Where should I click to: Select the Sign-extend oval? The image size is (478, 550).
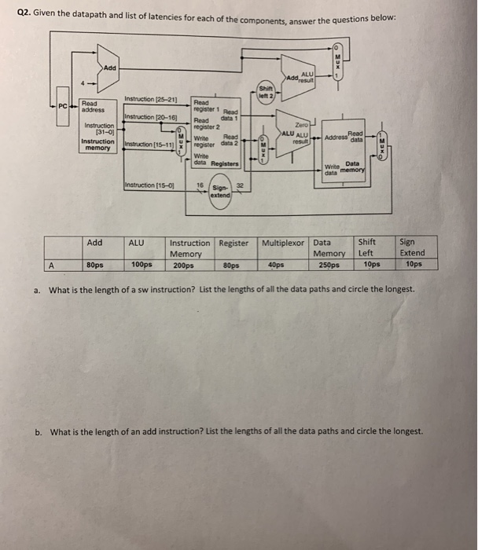pos(219,191)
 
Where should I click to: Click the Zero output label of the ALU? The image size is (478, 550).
pos(301,124)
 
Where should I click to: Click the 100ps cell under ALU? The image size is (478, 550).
pos(140,265)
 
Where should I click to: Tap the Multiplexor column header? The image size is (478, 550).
pos(284,243)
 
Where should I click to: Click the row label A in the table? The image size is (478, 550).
pos(52,265)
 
